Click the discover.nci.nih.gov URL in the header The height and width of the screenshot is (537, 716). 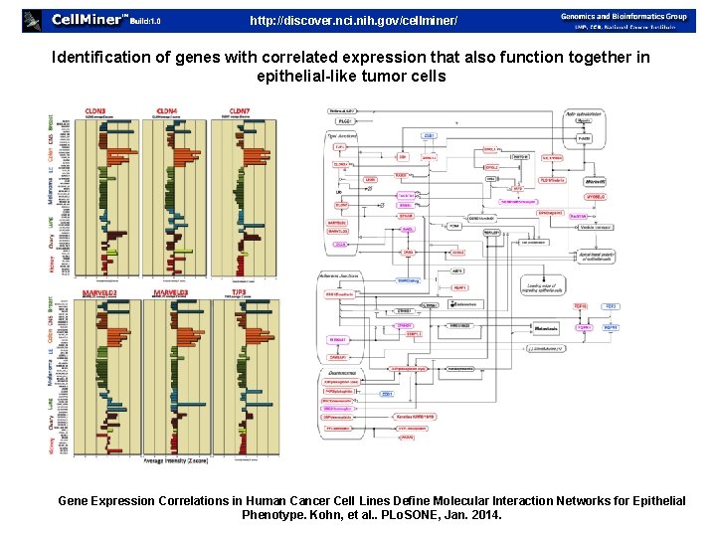[x=353, y=20]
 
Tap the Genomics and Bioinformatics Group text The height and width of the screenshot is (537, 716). [x=624, y=15]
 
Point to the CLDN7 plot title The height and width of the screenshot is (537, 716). [x=239, y=111]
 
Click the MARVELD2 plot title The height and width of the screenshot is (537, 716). [x=99, y=292]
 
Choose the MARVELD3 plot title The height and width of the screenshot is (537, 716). [x=170, y=292]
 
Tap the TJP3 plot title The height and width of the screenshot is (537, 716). [x=241, y=292]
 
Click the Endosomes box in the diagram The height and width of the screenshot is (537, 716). [x=464, y=303]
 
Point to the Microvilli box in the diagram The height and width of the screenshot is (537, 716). [x=595, y=182]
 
